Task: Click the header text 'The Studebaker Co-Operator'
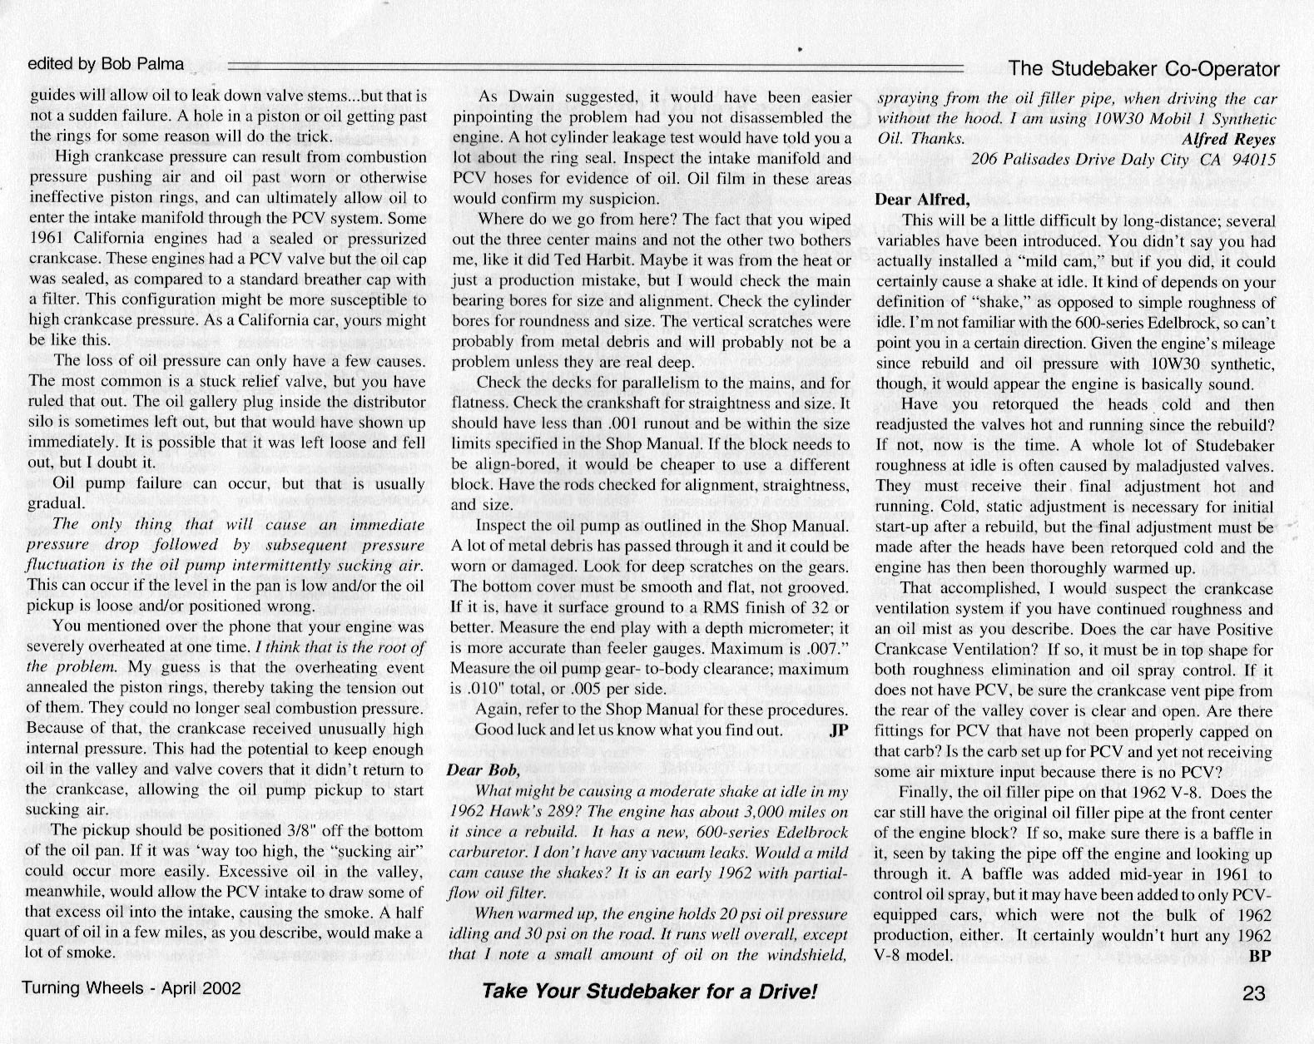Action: [1143, 67]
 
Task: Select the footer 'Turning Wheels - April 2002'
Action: [131, 988]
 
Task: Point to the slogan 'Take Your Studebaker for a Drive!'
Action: [650, 992]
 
